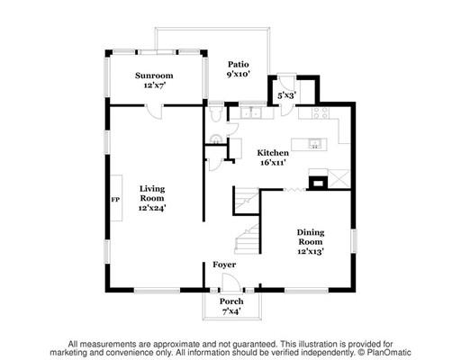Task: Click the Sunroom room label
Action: tap(154, 76)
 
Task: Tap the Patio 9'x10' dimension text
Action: tap(239, 74)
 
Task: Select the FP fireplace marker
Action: tap(115, 200)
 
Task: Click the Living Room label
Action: tap(152, 193)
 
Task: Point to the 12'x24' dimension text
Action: tap(152, 208)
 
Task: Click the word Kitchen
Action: tap(273, 153)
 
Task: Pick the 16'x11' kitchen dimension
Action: tap(273, 163)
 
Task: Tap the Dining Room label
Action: tap(311, 237)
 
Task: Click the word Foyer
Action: tap(224, 265)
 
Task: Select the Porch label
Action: tap(231, 301)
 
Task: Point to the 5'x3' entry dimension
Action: tap(287, 95)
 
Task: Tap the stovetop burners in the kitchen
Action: tap(321, 112)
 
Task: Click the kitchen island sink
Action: tap(315, 144)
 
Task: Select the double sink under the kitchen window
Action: tap(251, 113)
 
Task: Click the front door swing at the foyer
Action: tap(231, 282)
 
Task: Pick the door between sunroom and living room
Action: tap(154, 111)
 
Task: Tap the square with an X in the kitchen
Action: tap(339, 179)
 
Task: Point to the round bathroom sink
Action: tap(216, 139)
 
